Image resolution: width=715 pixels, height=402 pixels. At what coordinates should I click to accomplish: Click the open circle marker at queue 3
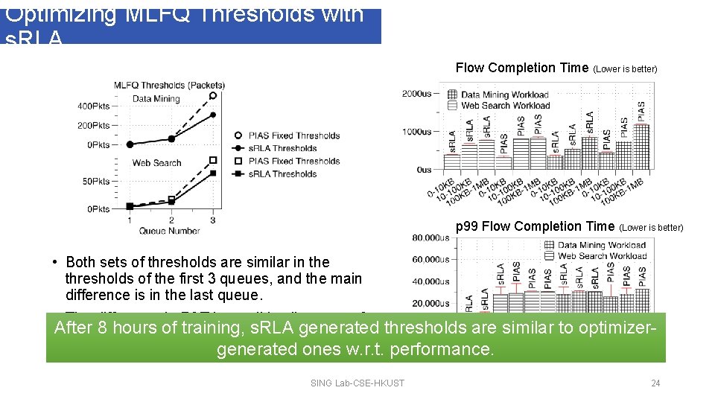(213, 95)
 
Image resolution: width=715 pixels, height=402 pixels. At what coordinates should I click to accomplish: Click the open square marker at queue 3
(213, 160)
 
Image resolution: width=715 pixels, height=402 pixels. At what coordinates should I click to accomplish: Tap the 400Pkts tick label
(93, 106)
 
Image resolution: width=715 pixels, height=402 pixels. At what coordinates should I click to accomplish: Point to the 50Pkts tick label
(95, 182)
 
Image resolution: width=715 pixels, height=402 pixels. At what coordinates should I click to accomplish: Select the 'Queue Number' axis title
(169, 231)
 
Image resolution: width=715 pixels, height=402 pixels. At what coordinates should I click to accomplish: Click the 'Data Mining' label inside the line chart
(156, 98)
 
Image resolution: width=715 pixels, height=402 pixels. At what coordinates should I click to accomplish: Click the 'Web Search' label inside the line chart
(156, 162)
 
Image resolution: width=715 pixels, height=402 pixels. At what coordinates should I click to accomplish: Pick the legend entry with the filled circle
(283, 148)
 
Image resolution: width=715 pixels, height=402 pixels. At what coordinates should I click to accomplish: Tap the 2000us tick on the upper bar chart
(416, 94)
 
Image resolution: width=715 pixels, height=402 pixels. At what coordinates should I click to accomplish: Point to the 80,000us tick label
(431, 238)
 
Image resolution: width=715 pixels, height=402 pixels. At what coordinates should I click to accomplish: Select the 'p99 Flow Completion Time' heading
(535, 226)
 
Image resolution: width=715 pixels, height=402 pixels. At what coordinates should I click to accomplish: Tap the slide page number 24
(655, 383)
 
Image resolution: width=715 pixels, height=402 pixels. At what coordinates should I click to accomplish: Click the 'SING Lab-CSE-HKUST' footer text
(357, 383)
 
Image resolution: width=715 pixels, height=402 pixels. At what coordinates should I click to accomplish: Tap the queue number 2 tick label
(171, 220)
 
